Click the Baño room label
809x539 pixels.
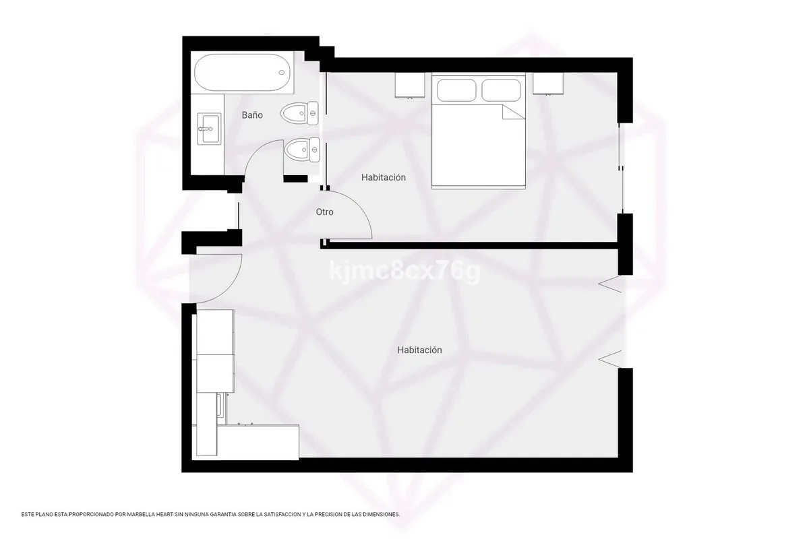pyautogui.click(x=252, y=115)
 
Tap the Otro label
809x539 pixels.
pyautogui.click(x=324, y=212)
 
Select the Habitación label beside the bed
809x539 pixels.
pyautogui.click(x=383, y=177)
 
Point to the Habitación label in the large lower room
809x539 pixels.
pyautogui.click(x=419, y=350)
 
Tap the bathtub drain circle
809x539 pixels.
pyautogui.click(x=282, y=73)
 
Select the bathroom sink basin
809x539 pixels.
pyautogui.click(x=209, y=128)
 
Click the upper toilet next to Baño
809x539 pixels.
pyautogui.click(x=299, y=113)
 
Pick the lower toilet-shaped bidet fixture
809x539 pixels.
pyautogui.click(x=301, y=150)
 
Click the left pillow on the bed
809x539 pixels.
pyautogui.click(x=456, y=90)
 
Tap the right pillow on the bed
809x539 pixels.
pyautogui.click(x=501, y=90)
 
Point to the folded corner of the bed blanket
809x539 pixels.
pyautogui.click(x=513, y=112)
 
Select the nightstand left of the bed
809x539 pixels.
pyautogui.click(x=410, y=85)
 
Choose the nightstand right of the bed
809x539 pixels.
pyautogui.click(x=548, y=84)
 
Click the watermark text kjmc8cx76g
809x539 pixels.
pyautogui.click(x=405, y=271)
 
